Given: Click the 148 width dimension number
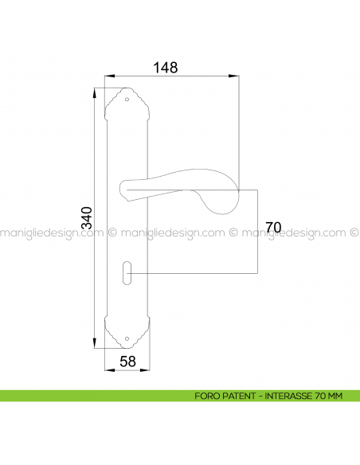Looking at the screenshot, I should [166, 67].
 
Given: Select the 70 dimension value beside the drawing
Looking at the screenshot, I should [273, 228].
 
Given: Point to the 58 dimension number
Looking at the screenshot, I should [127, 361].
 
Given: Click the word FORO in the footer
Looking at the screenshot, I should [205, 396].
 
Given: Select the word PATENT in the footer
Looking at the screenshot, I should [239, 396].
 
